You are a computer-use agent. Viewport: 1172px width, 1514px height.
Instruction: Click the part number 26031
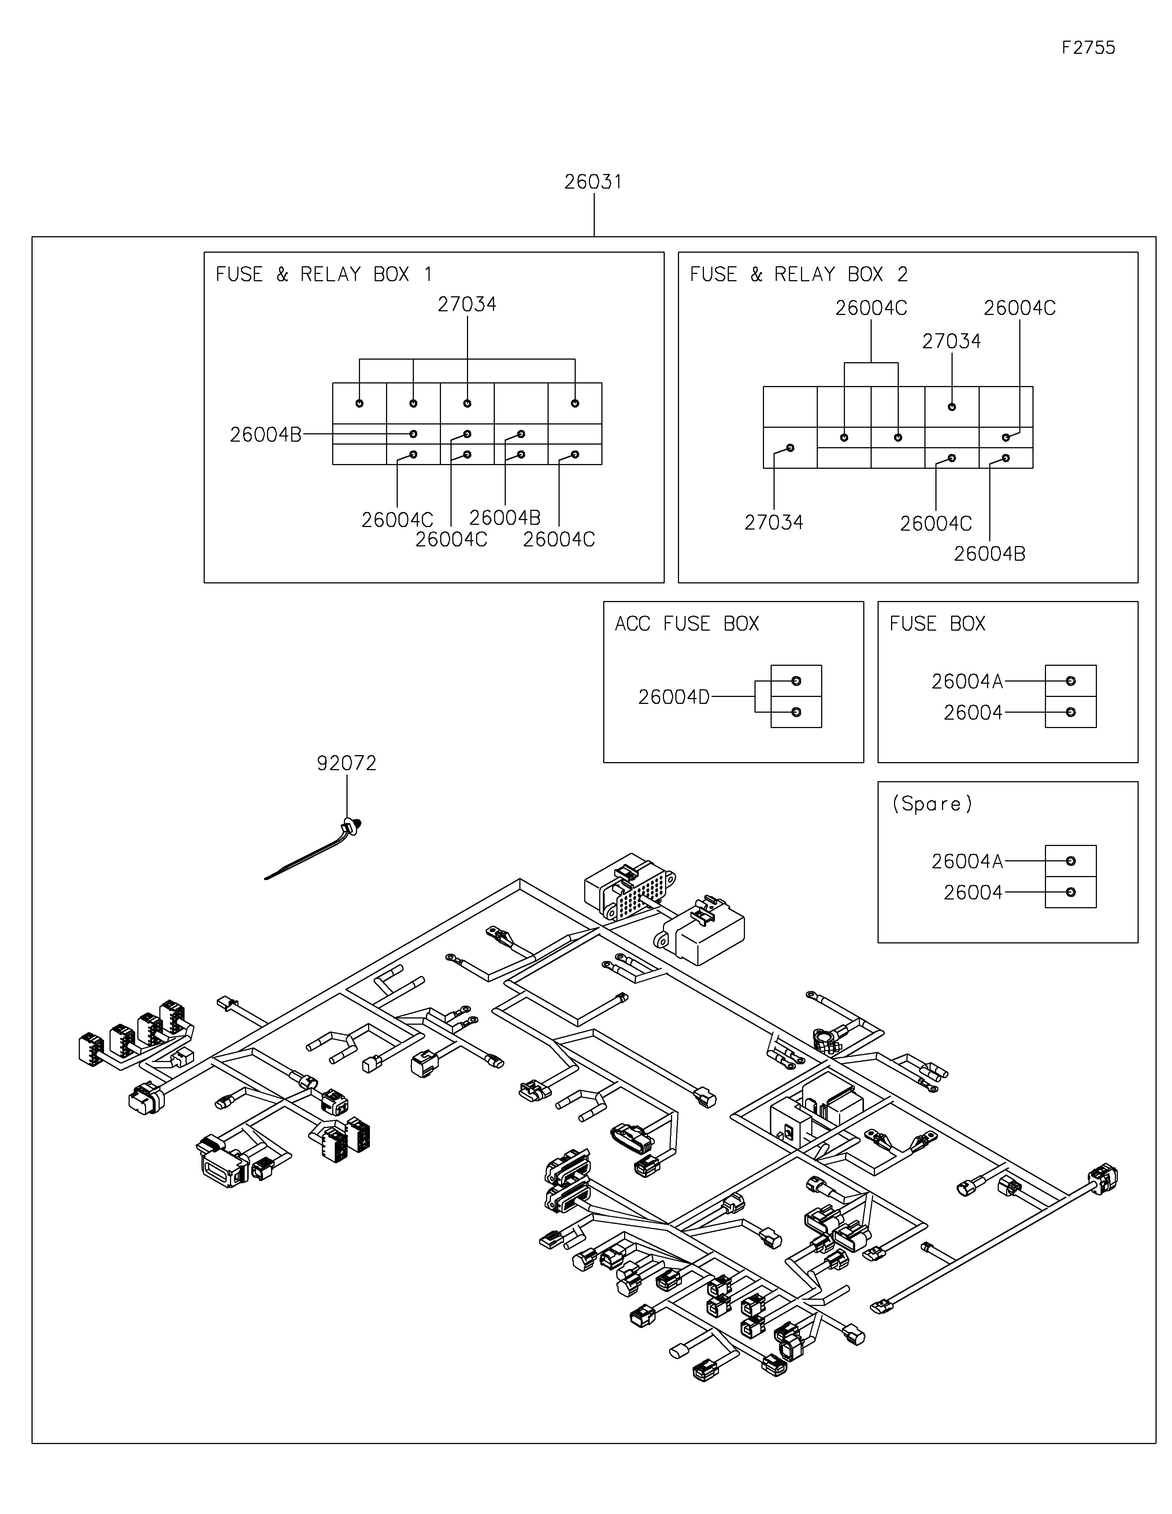pyautogui.click(x=593, y=182)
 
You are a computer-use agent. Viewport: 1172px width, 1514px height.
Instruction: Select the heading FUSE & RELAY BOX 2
pyautogui.click(x=798, y=275)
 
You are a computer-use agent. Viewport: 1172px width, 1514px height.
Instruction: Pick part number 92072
pyautogui.click(x=346, y=763)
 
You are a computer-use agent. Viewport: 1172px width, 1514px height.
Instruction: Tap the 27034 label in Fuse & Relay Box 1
pyautogui.click(x=467, y=304)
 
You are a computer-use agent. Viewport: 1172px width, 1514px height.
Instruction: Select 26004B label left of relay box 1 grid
pyautogui.click(x=266, y=435)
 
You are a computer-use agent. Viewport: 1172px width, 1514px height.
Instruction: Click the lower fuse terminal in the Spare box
pyautogui.click(x=1070, y=892)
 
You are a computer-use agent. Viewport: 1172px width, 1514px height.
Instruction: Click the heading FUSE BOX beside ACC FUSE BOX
pyautogui.click(x=937, y=624)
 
